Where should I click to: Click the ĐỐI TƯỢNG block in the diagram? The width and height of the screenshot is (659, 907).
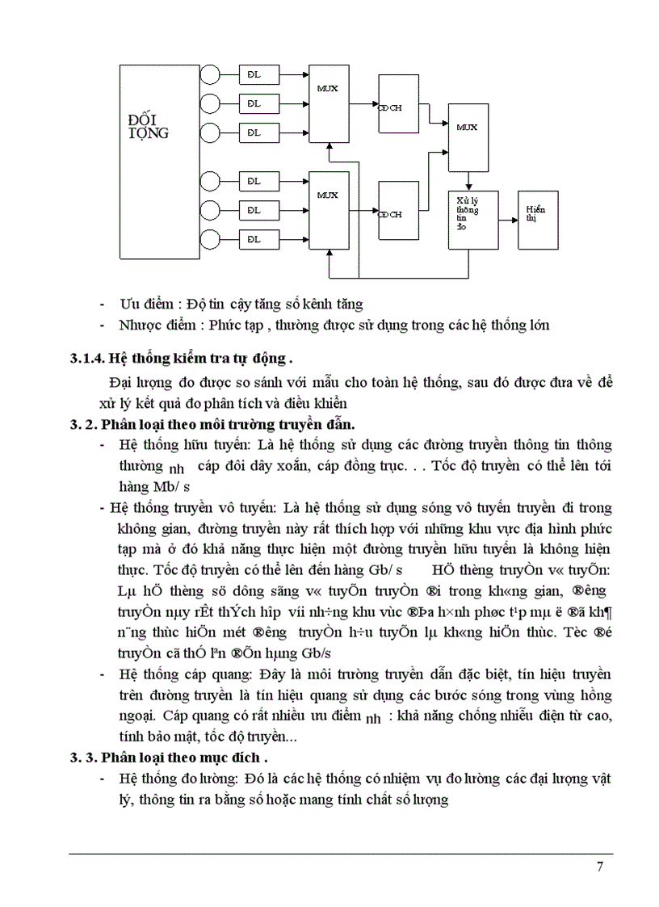point(159,162)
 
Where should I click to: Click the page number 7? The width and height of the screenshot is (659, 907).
point(599,868)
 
